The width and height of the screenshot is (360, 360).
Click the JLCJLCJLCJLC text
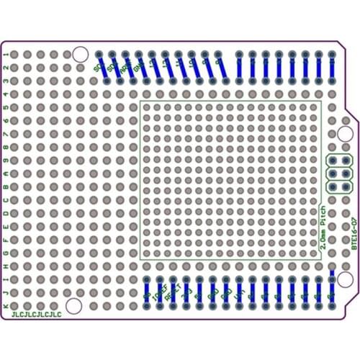[x=34, y=315]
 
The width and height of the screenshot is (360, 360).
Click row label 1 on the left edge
[x=6, y=55]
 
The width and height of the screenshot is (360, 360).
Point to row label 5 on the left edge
[x=6, y=108]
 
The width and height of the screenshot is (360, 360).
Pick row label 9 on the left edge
[x=6, y=161]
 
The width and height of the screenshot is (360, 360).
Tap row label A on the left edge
[x=6, y=174]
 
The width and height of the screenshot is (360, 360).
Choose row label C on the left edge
[x=6, y=200]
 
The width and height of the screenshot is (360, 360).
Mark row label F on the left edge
[x=6, y=240]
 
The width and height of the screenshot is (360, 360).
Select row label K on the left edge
[x=6, y=306]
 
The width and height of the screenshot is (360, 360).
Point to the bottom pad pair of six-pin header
[x=339, y=186]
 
